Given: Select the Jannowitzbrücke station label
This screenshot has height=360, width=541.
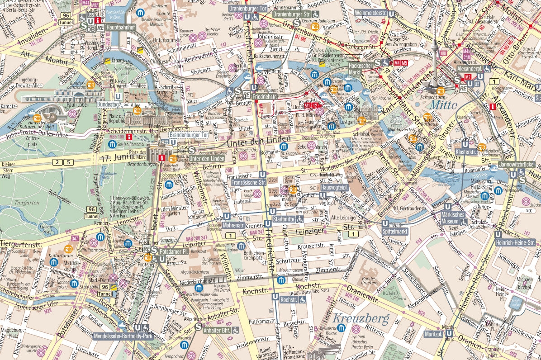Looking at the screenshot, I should (517, 165).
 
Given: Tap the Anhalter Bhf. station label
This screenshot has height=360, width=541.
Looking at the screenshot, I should (218, 330).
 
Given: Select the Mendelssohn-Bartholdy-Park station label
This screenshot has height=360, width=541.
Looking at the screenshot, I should (123, 336).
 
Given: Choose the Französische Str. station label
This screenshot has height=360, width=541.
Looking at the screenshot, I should (248, 182).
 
